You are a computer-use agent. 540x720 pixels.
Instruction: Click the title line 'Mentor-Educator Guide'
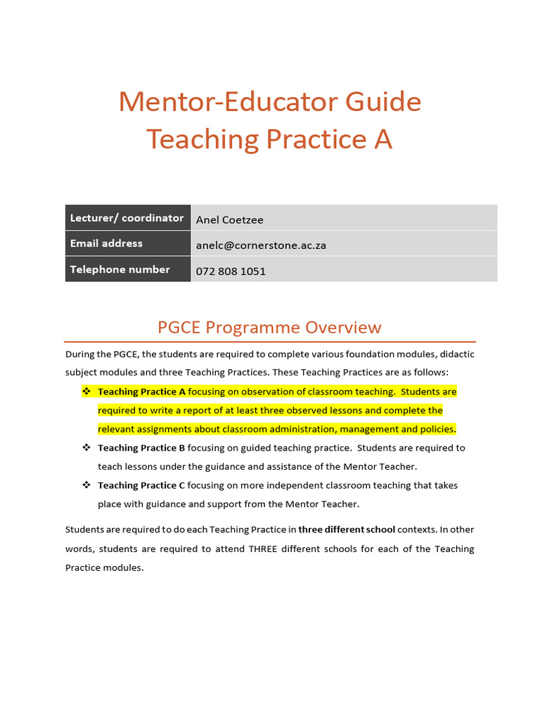click(x=269, y=102)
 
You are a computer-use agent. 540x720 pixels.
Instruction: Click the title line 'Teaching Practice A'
click(x=269, y=139)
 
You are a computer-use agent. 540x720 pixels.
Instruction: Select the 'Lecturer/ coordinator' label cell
click(x=127, y=218)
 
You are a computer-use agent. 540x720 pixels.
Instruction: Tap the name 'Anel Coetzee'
click(x=230, y=220)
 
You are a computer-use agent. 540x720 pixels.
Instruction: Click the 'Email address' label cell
click(x=106, y=243)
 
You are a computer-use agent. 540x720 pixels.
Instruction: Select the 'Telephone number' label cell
click(x=120, y=269)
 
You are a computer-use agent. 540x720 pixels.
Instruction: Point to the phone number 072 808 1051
click(x=231, y=271)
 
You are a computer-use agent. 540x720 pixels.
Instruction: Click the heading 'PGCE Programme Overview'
click(x=269, y=327)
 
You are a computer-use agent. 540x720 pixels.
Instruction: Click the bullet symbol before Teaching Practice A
click(x=86, y=391)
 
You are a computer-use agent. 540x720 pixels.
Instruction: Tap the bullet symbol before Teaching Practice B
click(x=86, y=447)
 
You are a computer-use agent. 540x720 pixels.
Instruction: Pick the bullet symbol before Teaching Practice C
click(x=86, y=484)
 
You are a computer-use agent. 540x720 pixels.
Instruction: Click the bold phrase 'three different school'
click(x=347, y=529)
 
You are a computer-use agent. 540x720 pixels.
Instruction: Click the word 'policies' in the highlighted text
click(x=437, y=429)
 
